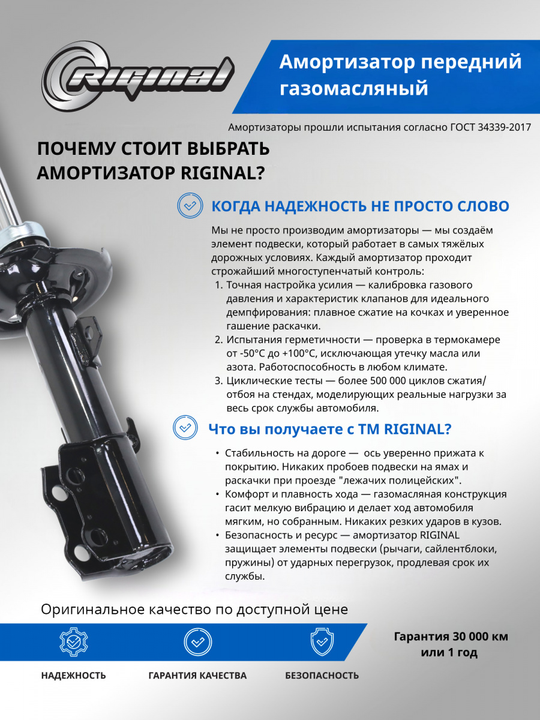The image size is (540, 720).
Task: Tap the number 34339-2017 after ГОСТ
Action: [x=503, y=127]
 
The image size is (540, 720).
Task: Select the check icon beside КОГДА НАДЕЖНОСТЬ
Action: [x=190, y=206]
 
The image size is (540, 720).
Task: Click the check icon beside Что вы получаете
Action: [x=184, y=428]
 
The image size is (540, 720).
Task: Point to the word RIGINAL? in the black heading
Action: [x=222, y=173]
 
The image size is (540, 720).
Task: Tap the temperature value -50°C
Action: [x=245, y=353]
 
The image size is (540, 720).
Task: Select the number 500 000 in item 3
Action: [x=373, y=381]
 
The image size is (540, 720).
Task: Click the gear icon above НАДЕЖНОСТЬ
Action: [x=73, y=643]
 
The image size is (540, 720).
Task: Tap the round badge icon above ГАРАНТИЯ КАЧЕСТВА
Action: [x=197, y=643]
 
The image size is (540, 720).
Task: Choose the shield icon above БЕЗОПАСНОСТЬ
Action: [x=322, y=643]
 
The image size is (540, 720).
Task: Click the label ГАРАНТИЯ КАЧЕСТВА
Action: [x=197, y=676]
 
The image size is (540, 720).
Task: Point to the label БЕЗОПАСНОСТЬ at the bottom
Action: [x=322, y=676]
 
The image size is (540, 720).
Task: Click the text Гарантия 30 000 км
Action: [x=451, y=637]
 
